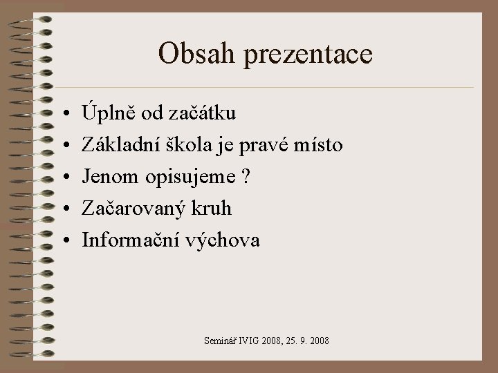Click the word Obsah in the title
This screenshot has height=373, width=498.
[x=192, y=53]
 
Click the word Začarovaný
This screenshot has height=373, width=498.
[x=137, y=209]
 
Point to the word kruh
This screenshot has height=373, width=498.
[x=216, y=208]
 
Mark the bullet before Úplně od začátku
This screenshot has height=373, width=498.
[x=63, y=112]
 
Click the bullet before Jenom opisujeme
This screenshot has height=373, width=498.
[x=63, y=176]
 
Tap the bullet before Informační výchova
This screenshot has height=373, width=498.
[x=63, y=240]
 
